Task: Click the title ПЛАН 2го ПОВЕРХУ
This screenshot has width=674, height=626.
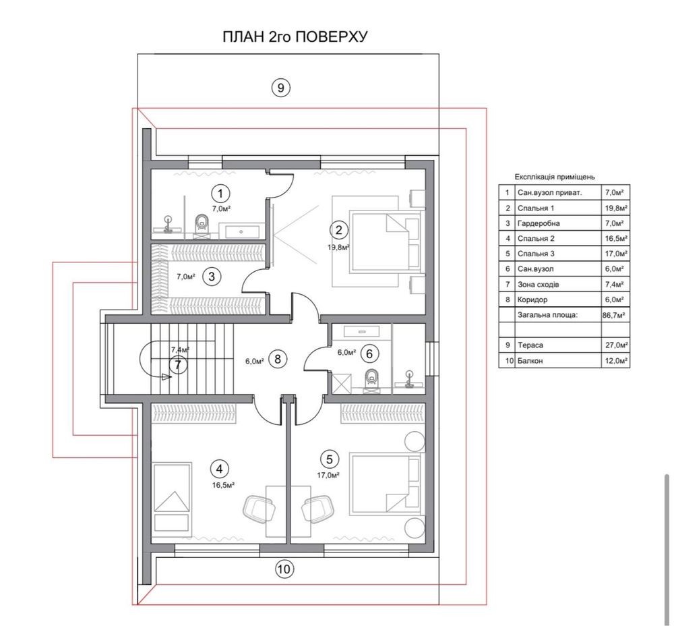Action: [x=295, y=36]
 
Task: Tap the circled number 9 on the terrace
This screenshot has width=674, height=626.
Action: [x=280, y=88]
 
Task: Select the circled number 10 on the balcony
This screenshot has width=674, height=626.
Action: [x=284, y=569]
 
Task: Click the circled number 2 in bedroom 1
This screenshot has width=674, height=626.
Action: [x=339, y=230]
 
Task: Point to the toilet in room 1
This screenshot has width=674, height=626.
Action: [x=201, y=225]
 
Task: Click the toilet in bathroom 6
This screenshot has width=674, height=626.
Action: [x=371, y=380]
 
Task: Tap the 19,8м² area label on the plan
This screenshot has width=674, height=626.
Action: [x=338, y=248]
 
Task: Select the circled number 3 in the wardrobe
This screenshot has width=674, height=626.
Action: [x=212, y=276]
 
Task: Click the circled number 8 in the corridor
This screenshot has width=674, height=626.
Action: [x=277, y=358]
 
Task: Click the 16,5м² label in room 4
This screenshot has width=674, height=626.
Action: [x=223, y=485]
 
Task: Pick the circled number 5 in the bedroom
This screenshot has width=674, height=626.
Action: [x=330, y=459]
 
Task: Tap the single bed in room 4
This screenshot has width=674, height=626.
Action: [x=172, y=497]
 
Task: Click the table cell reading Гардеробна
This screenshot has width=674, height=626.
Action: [x=539, y=223]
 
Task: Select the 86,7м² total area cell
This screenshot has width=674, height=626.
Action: [x=614, y=315]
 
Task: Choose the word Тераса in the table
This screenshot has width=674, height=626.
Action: [x=530, y=345]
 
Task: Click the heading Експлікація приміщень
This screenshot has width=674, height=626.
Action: [x=555, y=177]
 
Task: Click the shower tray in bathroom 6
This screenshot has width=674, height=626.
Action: [x=340, y=384]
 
